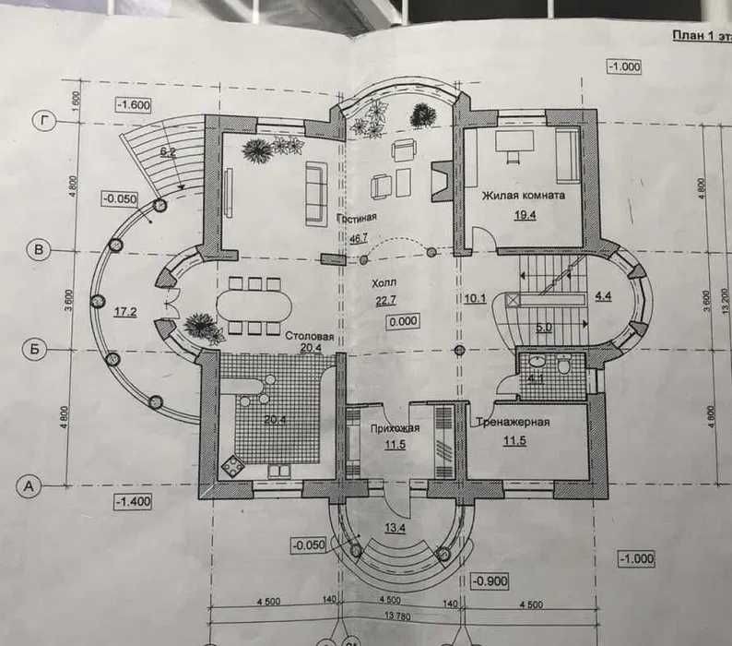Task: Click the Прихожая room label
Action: (396, 428)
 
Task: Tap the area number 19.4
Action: (522, 214)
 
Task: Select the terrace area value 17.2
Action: (126, 312)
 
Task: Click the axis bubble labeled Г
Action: (40, 120)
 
